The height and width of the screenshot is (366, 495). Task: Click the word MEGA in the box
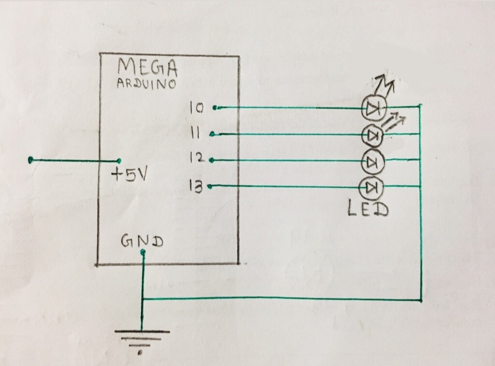148,68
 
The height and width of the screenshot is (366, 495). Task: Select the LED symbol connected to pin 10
373,109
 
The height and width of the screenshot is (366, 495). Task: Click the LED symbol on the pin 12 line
373,161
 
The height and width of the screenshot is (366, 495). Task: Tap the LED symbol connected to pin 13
372,187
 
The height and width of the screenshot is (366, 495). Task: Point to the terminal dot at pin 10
214,107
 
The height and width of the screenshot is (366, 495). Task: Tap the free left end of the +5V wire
31,159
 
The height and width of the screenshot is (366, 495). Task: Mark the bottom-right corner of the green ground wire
422,300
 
